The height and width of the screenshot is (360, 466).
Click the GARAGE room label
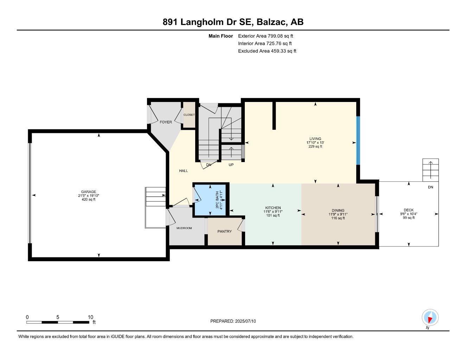88,192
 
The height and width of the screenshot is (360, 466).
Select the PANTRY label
224,231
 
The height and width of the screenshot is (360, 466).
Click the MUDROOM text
184,228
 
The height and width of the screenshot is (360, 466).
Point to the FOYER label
166,122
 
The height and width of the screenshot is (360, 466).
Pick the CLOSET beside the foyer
189,115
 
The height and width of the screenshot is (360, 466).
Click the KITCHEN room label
273,208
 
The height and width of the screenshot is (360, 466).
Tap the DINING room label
338,211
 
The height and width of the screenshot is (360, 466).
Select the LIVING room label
315,139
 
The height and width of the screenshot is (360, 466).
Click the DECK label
408,210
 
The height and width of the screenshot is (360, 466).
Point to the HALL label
183,171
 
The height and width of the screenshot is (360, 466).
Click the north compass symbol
430,318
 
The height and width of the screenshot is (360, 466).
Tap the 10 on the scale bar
90,317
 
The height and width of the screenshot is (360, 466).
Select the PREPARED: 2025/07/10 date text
233,321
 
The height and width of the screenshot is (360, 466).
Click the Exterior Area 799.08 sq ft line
266,36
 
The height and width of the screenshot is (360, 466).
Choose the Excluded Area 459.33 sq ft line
267,51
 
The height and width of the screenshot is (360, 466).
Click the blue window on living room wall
358,140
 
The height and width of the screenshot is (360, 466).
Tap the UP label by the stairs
231,165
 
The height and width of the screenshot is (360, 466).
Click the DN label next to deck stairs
430,187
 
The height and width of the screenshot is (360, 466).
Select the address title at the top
233,22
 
